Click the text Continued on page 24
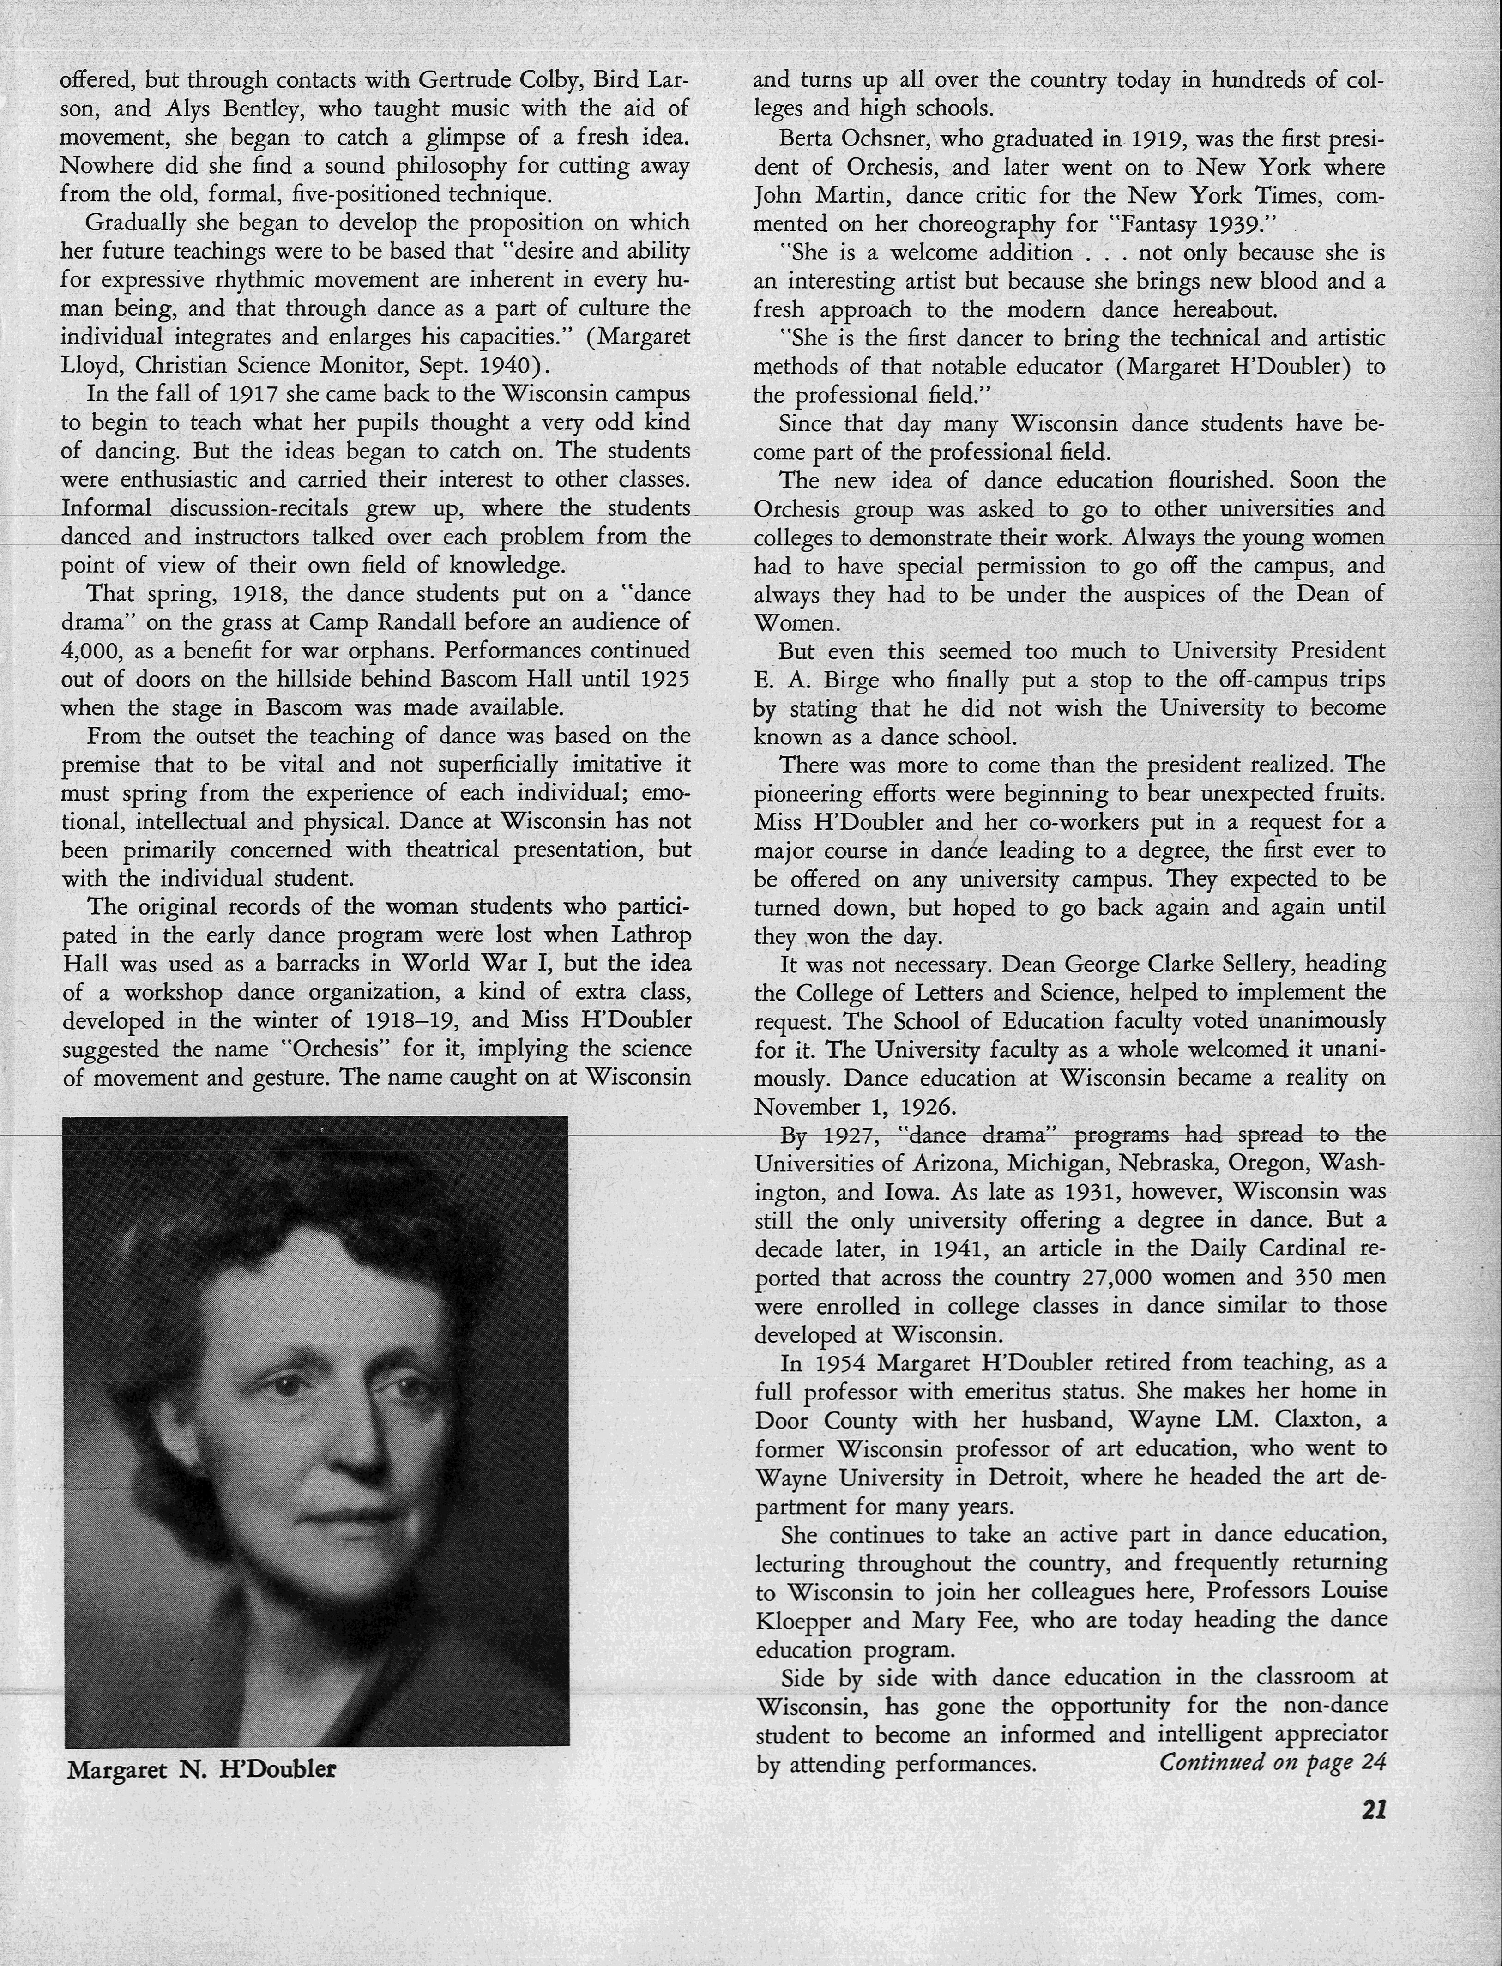click(x=1272, y=1762)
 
